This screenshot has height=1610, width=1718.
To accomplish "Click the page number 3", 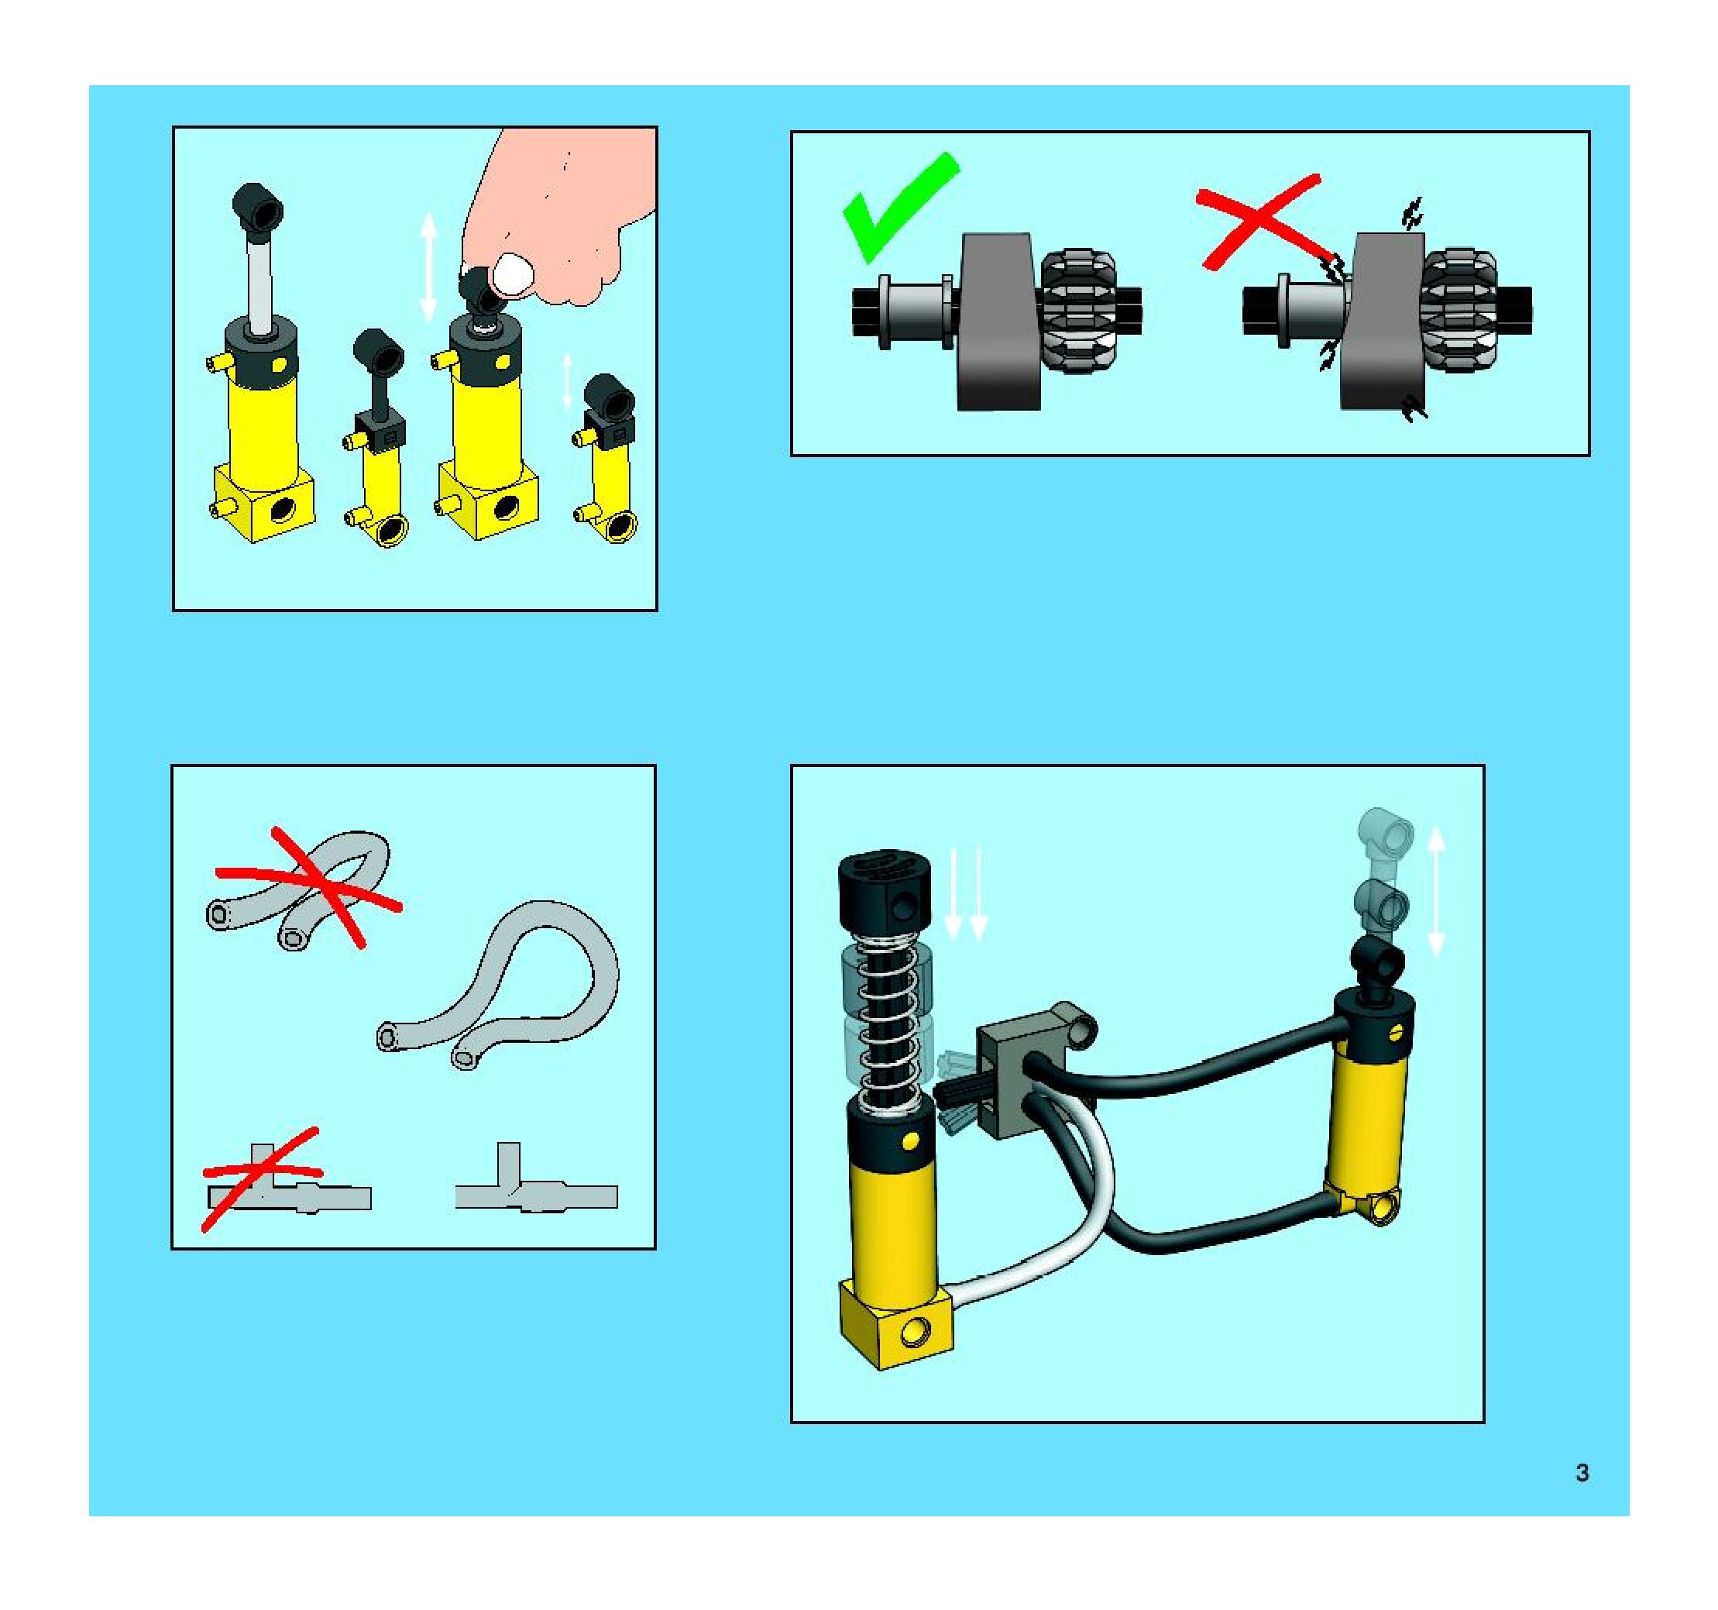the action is tap(1582, 1473).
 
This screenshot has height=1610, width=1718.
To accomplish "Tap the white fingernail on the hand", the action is tap(513, 274).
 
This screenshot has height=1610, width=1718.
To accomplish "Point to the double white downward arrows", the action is tap(965, 894).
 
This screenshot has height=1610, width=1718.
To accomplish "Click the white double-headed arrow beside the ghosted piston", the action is tap(1435, 891).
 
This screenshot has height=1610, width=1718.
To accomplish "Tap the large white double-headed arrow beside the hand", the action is tap(428, 269).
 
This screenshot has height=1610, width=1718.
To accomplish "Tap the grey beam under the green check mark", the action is tap(999, 322).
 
